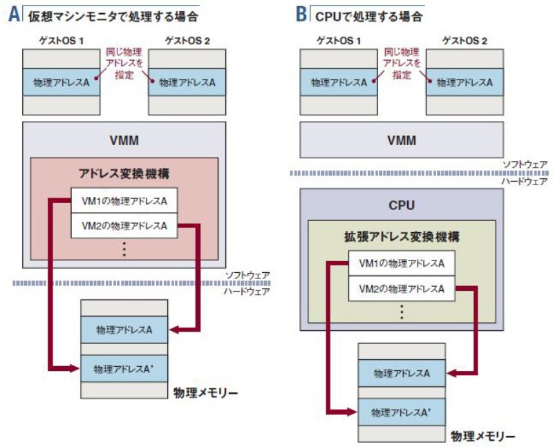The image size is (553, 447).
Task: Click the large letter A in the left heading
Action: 15,14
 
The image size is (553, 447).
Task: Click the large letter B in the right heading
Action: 301,14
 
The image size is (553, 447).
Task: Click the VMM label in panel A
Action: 124,141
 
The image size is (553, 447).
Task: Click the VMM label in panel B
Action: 402,141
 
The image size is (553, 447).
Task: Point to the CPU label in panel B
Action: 402,205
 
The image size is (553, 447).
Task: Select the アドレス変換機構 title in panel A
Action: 124,173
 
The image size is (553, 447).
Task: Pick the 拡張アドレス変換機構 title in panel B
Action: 402,237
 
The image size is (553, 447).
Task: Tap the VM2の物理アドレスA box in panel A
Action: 124,225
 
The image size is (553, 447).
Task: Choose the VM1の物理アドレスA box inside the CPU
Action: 402,264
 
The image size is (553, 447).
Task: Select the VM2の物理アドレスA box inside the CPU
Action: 402,288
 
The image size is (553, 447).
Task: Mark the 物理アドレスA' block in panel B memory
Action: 402,412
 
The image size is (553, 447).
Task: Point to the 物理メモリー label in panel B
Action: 483,437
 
